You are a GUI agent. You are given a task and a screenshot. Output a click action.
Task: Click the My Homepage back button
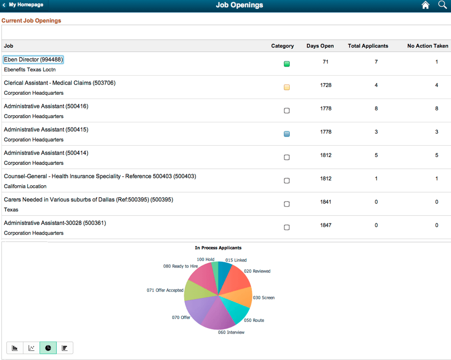(23, 5)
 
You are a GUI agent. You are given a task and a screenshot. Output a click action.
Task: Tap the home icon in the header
(425, 5)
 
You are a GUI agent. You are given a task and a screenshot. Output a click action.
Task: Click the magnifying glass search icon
(442, 5)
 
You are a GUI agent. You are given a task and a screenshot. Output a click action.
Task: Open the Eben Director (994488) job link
(33, 60)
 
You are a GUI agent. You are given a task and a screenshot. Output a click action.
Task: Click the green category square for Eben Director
(286, 64)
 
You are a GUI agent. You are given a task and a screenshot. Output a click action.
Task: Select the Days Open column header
(320, 46)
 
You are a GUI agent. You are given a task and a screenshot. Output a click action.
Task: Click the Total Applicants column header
(368, 46)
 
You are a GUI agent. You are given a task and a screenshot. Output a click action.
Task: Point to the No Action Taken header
(427, 46)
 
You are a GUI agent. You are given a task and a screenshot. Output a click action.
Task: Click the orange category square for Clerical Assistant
(286, 87)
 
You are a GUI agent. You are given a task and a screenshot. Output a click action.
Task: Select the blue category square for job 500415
(286, 134)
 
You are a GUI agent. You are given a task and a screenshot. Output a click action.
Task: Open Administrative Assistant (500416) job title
(46, 106)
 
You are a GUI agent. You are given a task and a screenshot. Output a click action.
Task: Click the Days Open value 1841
(325, 202)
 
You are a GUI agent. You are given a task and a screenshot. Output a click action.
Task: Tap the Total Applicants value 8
(376, 109)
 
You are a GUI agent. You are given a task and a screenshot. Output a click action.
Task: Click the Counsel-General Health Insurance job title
(100, 176)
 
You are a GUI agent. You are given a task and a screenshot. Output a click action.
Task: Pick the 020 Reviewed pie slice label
(257, 271)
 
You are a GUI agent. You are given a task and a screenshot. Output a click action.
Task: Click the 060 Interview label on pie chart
(231, 332)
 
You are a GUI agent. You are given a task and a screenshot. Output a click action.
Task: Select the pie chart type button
(48, 348)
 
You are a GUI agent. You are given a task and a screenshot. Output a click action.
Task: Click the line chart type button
(31, 348)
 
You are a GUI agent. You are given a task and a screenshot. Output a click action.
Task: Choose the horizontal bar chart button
(65, 348)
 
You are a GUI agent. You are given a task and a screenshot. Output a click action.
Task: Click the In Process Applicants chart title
(218, 248)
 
